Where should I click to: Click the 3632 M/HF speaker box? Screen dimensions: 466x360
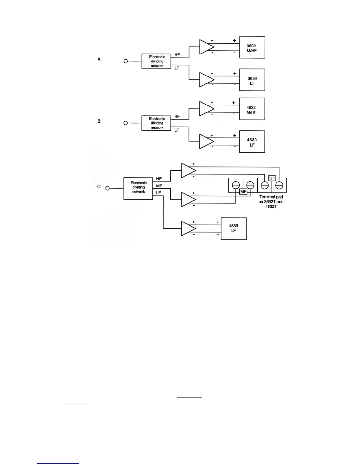pyautogui.click(x=252, y=47)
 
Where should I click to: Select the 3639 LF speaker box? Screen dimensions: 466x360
pyautogui.click(x=252, y=80)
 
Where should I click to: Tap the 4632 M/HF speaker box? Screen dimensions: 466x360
pyautogui.click(x=252, y=109)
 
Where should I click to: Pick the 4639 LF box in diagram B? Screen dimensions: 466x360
pyautogui.click(x=252, y=142)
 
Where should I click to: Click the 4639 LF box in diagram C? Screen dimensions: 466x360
pyautogui.click(x=234, y=229)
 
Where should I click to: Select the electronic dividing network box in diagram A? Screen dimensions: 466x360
pyautogui.click(x=156, y=61)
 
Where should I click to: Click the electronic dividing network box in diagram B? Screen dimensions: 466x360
pyautogui.click(x=156, y=123)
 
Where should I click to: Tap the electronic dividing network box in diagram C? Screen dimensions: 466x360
pyautogui.click(x=138, y=189)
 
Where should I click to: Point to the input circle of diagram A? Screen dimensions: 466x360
pyautogui.click(x=126, y=61)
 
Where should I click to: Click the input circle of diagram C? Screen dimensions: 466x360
pyautogui.click(x=107, y=188)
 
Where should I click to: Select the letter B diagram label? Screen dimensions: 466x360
pyautogui.click(x=99, y=121)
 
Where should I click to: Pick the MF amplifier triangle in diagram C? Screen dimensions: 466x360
pyautogui.click(x=188, y=199)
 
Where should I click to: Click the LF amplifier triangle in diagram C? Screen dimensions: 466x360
pyautogui.click(x=188, y=229)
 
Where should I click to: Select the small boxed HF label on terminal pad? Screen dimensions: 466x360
pyautogui.click(x=272, y=178)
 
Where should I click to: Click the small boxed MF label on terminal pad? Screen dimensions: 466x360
pyautogui.click(x=243, y=192)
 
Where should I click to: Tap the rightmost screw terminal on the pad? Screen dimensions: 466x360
pyautogui.click(x=279, y=185)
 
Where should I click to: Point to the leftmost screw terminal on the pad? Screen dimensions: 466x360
pyautogui.click(x=236, y=185)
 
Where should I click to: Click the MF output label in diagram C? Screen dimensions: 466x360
pyautogui.click(x=159, y=186)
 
